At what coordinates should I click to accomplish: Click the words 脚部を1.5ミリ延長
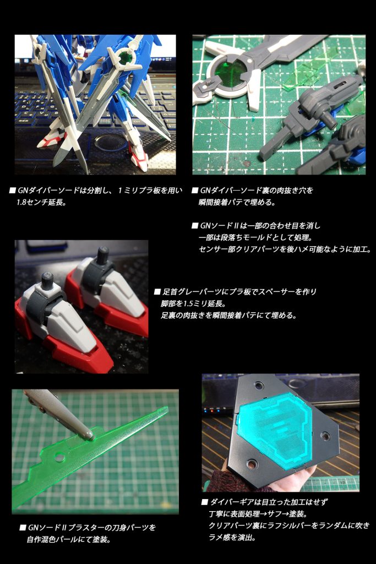pyautogui.click(x=190, y=303)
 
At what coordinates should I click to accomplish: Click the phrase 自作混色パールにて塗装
pyautogui.click(x=69, y=539)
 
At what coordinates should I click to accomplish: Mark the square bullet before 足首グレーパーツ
pyautogui.click(x=157, y=292)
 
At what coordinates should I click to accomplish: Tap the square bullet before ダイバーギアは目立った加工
pyautogui.click(x=204, y=503)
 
